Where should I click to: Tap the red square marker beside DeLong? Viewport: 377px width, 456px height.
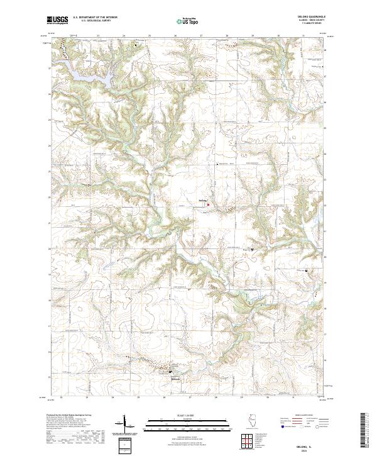pos(208,204)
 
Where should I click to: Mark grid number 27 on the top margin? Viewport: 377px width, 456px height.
pos(200,36)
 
